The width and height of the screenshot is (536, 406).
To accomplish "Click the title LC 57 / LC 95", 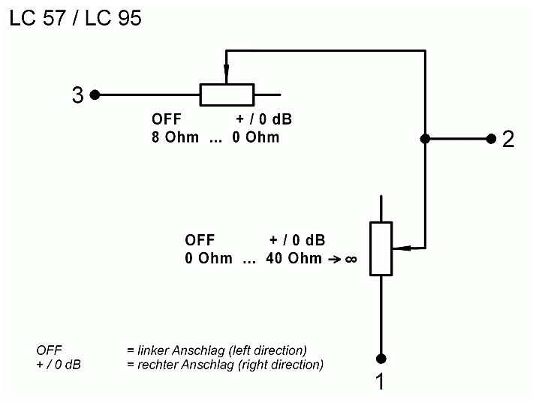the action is point(75,18).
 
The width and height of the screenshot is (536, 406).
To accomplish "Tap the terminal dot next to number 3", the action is point(95,95).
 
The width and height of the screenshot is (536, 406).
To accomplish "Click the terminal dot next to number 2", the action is point(491,139).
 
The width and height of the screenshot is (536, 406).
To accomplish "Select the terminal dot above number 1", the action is point(381,359).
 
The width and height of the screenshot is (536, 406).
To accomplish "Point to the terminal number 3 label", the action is point(77,95).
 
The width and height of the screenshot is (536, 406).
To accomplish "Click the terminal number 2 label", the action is point(508,139).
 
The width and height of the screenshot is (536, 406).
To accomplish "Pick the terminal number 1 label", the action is point(380,381).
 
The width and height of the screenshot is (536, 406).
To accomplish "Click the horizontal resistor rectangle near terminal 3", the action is point(227,95).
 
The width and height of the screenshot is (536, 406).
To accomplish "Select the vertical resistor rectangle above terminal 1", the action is point(381,249).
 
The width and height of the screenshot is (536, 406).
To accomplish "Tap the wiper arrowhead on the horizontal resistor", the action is point(226,74).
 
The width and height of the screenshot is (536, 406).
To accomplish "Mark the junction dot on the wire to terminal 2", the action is point(425,139).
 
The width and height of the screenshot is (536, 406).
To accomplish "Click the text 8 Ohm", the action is point(175,137).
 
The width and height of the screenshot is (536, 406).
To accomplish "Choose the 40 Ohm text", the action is point(294,258).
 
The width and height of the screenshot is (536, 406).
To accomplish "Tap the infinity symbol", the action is point(351,259).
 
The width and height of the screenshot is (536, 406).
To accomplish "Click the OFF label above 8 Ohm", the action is point(167,119).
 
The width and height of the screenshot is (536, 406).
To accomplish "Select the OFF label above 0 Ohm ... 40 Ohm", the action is point(200,240).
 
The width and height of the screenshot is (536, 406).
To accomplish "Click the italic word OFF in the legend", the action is point(49,350).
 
